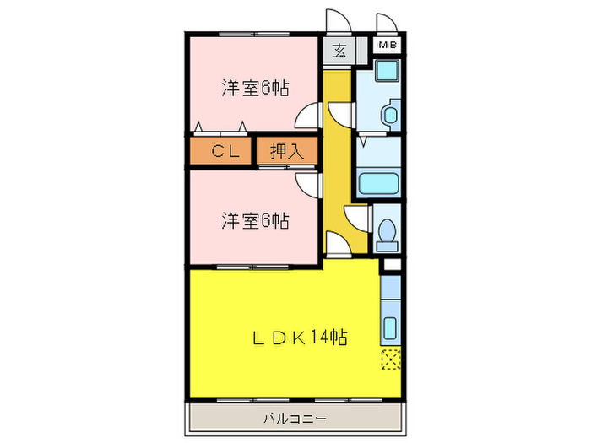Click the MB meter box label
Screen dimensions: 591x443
pyautogui.click(x=388, y=46)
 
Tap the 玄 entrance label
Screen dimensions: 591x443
pyautogui.click(x=339, y=51)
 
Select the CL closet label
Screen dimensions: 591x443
pyautogui.click(x=225, y=151)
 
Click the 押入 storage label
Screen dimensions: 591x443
pyautogui.click(x=287, y=151)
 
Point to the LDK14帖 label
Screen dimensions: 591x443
pyautogui.click(x=300, y=338)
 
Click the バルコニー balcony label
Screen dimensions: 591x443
pyautogui.click(x=295, y=419)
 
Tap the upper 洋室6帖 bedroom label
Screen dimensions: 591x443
pyautogui.click(x=256, y=88)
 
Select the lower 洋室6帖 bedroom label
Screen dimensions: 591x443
pyautogui.click(x=256, y=221)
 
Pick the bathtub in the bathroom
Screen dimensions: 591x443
pyautogui.click(x=379, y=183)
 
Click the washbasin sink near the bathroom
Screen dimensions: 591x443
pyautogui.click(x=390, y=113)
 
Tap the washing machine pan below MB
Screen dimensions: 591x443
pyautogui.click(x=387, y=70)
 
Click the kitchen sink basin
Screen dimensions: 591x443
pyautogui.click(x=390, y=328)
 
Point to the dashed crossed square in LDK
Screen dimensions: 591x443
pyautogui.click(x=390, y=359)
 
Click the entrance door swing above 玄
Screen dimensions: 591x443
pyautogui.click(x=339, y=21)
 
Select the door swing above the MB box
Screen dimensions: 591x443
pyautogui.click(x=387, y=24)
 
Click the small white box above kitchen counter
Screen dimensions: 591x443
pyautogui.click(x=392, y=265)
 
